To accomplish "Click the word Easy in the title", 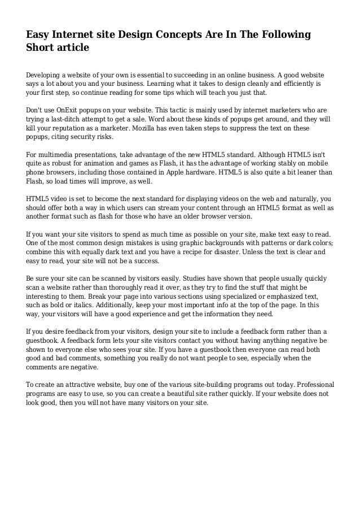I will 39,35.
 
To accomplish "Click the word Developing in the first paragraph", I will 47,75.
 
